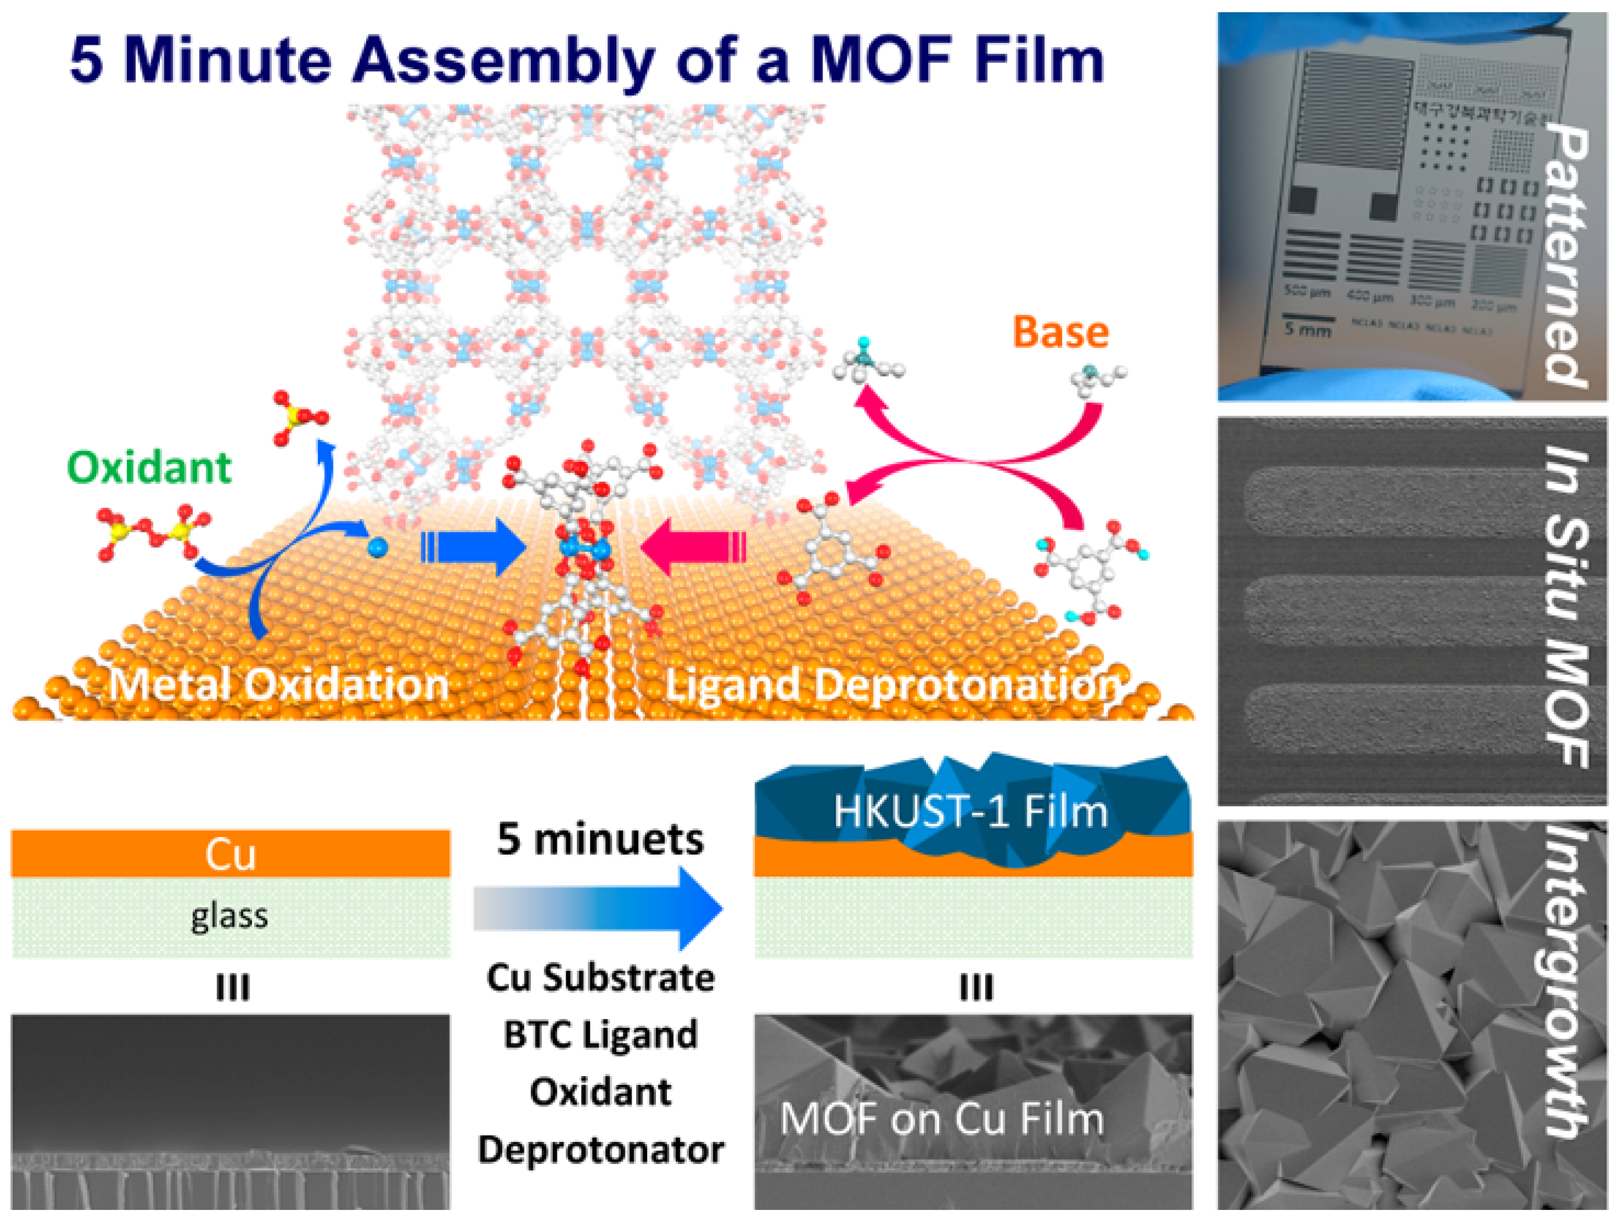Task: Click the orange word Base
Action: tap(1060, 333)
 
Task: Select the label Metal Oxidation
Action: tap(279, 685)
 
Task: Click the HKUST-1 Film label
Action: tap(971, 811)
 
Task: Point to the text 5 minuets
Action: tap(600, 839)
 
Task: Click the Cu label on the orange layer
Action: tap(230, 854)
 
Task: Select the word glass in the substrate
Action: tap(230, 916)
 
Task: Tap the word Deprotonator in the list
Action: tap(601, 1150)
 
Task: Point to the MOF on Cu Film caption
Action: tap(941, 1119)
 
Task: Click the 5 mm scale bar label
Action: tap(1308, 330)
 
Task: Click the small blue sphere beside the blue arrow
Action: tap(377, 547)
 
